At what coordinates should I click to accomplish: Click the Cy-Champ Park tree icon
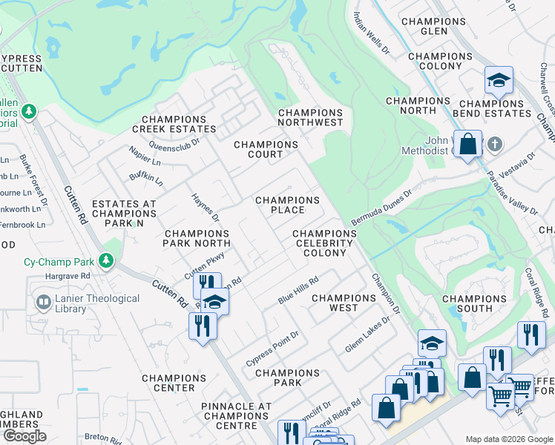coord(107,261)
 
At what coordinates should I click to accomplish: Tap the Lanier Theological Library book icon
coord(43,303)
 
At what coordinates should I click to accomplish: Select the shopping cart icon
coord(501,396)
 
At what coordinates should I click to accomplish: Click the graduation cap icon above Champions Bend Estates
coord(499,80)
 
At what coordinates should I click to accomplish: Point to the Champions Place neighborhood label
coord(287,205)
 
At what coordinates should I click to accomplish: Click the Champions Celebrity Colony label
coord(324,243)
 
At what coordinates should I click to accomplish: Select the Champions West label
coord(344,303)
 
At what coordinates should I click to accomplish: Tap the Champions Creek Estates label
coord(174,124)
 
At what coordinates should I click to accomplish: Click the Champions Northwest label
coord(310,117)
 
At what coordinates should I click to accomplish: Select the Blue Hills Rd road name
coord(298,289)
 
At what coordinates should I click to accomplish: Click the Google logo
coord(24,436)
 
